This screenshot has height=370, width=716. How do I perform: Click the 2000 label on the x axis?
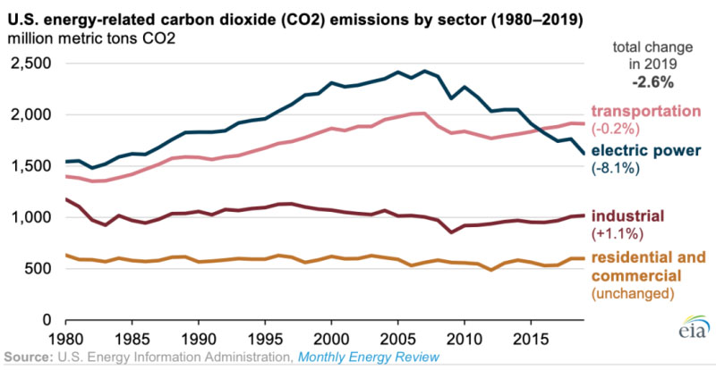(x=332, y=341)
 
